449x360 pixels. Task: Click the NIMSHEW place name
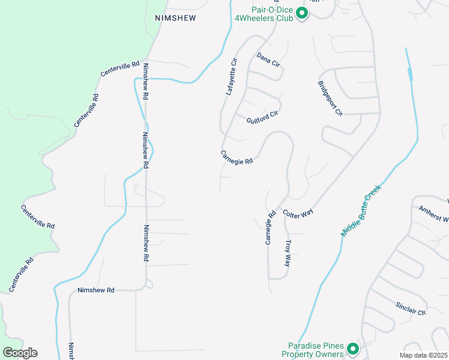click(x=175, y=19)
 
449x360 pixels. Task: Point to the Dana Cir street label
click(x=268, y=59)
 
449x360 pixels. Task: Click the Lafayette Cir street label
click(x=232, y=77)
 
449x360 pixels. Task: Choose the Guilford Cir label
click(x=263, y=116)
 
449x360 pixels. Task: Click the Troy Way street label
click(x=288, y=254)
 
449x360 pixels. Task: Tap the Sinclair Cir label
click(x=410, y=308)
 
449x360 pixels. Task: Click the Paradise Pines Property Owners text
click(x=316, y=350)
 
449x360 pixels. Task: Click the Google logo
click(x=20, y=353)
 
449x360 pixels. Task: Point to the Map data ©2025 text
click(x=423, y=355)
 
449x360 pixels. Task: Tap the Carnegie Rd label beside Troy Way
click(x=270, y=227)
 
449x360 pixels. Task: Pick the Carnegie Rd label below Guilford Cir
click(x=237, y=157)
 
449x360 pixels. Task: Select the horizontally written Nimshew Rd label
click(x=95, y=290)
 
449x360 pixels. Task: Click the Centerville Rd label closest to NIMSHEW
click(x=120, y=68)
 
